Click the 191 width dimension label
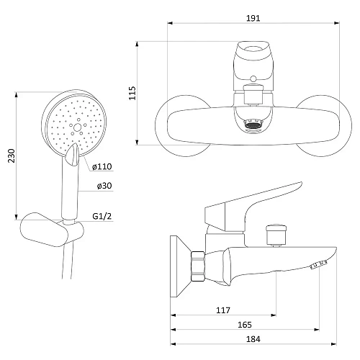point(253,18)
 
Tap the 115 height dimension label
point(132,93)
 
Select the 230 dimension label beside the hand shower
point(12,156)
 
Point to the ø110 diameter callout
point(102,166)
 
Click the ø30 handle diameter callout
point(104,186)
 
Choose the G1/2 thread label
point(102,216)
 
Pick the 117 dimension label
point(223,310)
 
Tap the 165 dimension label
point(245,325)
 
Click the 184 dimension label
point(253,339)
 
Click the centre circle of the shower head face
point(77,127)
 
